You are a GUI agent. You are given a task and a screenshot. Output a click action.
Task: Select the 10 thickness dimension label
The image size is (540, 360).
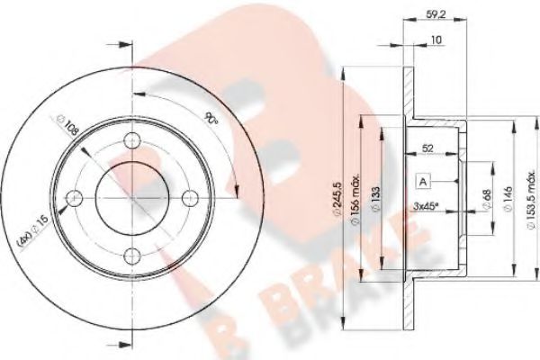436,40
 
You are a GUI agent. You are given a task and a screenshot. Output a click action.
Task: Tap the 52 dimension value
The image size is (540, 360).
427,148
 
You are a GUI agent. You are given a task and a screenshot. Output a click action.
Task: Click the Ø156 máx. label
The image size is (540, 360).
355,200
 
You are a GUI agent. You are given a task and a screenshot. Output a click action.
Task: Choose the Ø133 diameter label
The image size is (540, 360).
375,199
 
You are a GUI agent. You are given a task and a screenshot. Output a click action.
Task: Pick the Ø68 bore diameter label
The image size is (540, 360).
487,199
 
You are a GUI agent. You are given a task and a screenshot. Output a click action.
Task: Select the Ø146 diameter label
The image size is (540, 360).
508,199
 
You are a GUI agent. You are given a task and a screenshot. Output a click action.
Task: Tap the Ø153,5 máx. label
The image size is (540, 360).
533,203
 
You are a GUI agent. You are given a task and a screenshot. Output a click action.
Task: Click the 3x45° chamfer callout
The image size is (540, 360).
426,206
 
